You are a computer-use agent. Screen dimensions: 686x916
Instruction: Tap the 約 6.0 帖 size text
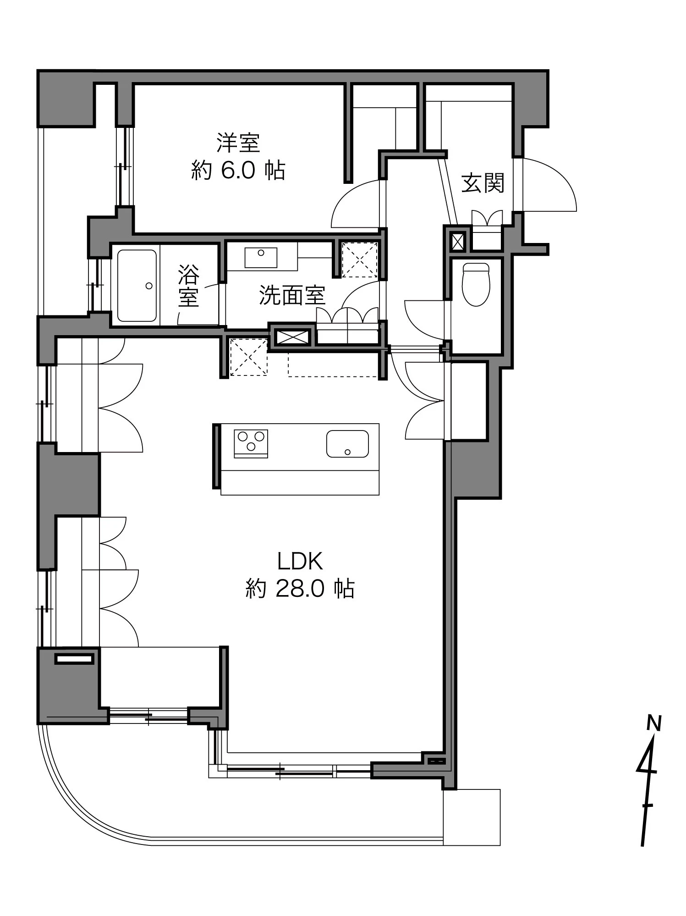(238, 171)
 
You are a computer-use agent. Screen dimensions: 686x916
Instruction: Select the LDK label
(300, 560)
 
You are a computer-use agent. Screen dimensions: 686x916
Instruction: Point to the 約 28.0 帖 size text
(300, 588)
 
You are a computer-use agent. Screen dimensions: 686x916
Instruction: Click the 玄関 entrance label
(483, 183)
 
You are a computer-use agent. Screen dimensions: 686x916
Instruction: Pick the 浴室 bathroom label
(189, 285)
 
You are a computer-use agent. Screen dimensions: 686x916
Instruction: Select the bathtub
(137, 285)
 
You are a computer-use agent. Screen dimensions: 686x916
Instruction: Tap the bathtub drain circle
(149, 286)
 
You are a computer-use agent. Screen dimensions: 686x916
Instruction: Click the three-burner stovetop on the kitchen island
(251, 443)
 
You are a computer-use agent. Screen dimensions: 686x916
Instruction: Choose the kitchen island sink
(347, 444)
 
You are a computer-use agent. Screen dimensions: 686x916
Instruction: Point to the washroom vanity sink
(261, 257)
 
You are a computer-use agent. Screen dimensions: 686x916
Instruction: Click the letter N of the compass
(653, 723)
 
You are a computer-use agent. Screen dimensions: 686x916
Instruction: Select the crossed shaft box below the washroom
(291, 337)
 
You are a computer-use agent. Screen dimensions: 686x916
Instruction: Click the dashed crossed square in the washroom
(360, 260)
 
